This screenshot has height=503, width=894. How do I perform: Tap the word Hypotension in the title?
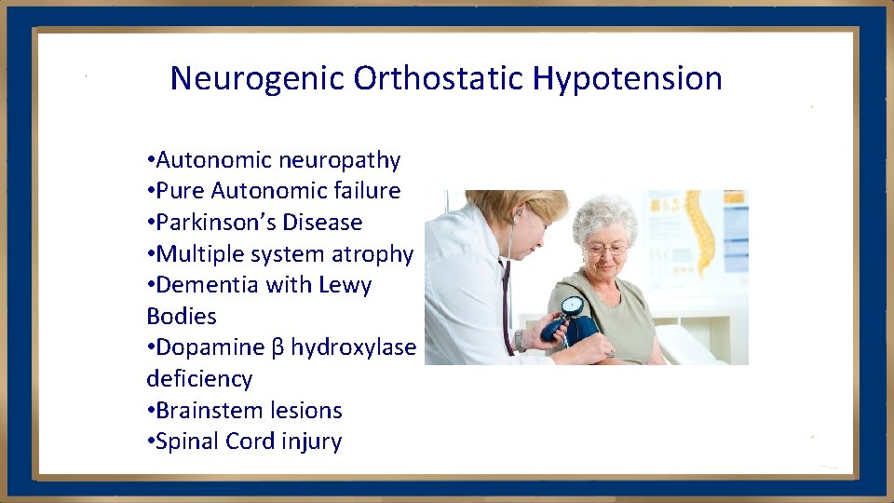(628, 78)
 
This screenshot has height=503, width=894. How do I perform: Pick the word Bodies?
(182, 317)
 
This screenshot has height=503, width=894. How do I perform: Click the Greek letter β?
(277, 348)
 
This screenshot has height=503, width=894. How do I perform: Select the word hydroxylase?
(353, 347)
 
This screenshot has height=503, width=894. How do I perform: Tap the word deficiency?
(199, 379)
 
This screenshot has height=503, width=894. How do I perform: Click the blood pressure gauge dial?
(572, 306)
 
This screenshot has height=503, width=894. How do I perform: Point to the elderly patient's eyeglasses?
(606, 249)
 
